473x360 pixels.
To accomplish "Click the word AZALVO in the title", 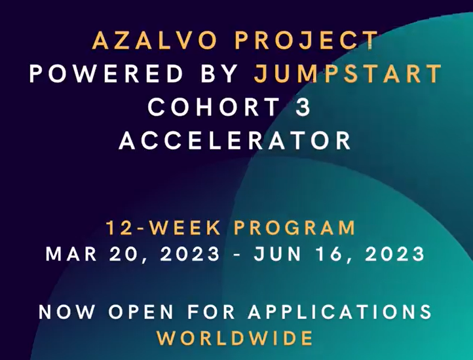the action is (x=155, y=40).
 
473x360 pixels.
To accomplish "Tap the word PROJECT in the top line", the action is (x=307, y=40).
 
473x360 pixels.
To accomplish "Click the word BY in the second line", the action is (x=219, y=73).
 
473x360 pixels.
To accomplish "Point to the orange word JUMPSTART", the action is (x=348, y=73).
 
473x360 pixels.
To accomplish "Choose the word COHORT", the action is (x=214, y=107).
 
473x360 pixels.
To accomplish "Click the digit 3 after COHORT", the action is (x=303, y=107).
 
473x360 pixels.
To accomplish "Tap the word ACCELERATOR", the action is (x=235, y=141).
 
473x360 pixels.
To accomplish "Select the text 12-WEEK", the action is (x=164, y=228).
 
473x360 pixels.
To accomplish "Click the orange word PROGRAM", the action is (x=295, y=228).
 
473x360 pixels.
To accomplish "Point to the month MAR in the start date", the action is (x=71, y=254).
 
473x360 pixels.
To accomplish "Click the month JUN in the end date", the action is (x=278, y=254).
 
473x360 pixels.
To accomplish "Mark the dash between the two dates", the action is (x=237, y=255).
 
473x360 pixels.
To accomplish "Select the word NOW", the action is (x=67, y=312).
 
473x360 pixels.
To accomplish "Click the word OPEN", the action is (x=141, y=312).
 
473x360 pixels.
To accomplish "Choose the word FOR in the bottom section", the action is (x=211, y=312).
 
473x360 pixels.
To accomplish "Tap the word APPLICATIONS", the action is (x=340, y=312).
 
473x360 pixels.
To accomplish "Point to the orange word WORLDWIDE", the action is (x=235, y=338).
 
